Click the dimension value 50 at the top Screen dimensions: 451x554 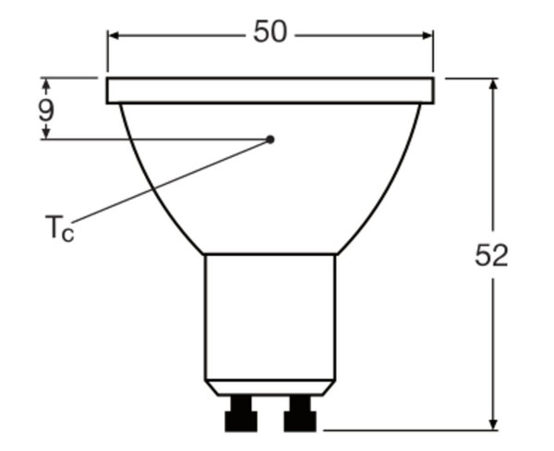coord(270,32)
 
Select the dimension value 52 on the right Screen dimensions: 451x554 coord(492,255)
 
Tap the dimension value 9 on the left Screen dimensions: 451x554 coord(45,110)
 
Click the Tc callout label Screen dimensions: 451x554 coord(58,226)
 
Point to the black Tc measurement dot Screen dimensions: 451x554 coord(271,140)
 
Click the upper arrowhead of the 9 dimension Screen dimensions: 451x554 coord(45,83)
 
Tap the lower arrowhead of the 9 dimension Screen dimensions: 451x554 coord(45,134)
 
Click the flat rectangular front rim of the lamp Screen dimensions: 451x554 coord(270,91)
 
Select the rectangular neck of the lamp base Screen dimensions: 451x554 coord(270,314)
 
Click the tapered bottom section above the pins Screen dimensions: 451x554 coord(270,387)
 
